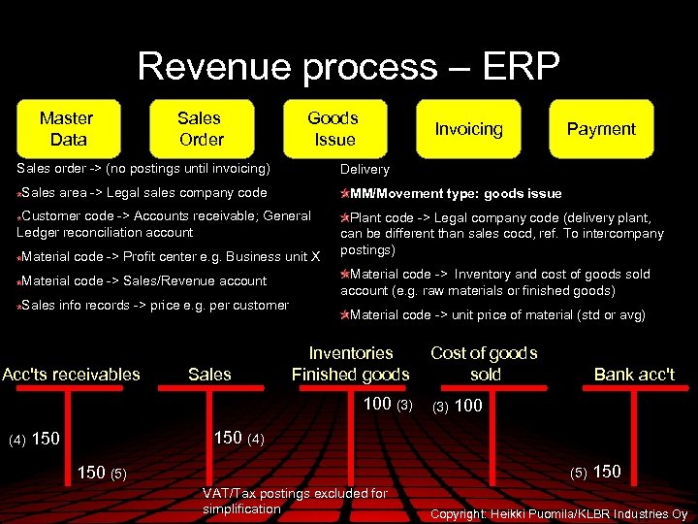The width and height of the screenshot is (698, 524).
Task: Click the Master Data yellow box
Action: (x=67, y=128)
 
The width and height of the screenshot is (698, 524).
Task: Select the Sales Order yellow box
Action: (x=200, y=128)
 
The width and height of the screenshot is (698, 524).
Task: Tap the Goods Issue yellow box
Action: (x=333, y=128)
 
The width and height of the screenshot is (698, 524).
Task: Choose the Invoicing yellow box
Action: (x=468, y=128)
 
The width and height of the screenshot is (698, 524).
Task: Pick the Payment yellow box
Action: (x=601, y=128)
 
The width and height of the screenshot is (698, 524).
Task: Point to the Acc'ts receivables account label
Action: (x=71, y=375)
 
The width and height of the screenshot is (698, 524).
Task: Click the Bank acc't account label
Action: (x=634, y=375)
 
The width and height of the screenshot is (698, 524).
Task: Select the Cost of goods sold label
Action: (x=484, y=364)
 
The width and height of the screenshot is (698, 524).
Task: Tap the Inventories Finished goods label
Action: (x=350, y=364)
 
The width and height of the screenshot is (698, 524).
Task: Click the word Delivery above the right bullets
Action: (x=365, y=170)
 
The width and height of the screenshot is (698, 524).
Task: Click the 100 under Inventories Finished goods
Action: (x=377, y=404)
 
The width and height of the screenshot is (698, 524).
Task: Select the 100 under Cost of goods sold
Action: (x=468, y=406)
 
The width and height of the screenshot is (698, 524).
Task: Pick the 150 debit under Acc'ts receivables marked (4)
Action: (x=47, y=439)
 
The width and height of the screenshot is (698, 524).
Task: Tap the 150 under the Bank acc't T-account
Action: (x=607, y=472)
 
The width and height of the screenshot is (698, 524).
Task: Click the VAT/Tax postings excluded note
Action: (x=294, y=501)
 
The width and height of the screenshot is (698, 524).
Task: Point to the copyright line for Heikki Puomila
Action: (x=558, y=513)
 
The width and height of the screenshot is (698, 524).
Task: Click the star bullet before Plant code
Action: (x=344, y=217)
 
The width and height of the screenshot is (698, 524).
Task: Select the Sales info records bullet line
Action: (x=153, y=306)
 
